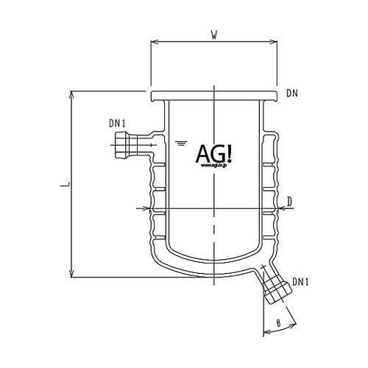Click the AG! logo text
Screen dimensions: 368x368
tap(214, 153)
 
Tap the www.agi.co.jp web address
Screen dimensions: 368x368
tap(214, 166)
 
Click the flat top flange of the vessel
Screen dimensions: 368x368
tap(213, 96)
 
